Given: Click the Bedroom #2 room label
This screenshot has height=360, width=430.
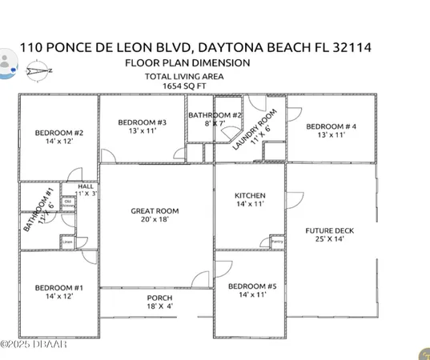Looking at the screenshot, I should (60, 133).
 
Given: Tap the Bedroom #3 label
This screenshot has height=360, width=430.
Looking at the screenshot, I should (142, 122).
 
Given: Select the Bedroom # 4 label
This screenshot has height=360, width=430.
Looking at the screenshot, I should (331, 126).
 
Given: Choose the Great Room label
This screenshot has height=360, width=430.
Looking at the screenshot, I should (155, 211).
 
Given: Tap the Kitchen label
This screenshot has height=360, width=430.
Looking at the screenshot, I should (249, 196).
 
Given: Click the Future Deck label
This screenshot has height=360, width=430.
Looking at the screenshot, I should (329, 231).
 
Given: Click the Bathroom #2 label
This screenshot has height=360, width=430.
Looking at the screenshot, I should (214, 115).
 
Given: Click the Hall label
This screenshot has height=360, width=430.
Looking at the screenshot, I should (86, 187).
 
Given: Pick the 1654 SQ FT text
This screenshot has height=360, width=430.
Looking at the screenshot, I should (184, 85).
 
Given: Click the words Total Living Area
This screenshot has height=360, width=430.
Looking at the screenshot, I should (184, 76).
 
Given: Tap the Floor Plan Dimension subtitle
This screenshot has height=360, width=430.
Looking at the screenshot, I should (187, 62).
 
